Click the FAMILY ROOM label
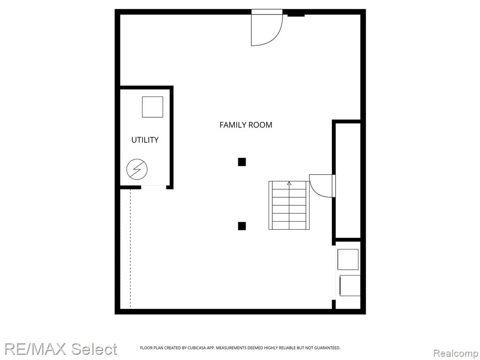coord(246,125)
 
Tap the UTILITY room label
coord(145,140)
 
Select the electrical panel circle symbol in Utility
coord(137,169)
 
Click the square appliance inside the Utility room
coord(152,107)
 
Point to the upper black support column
coord(242,162)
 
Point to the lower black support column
coord(242,226)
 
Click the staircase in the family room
coord(289,205)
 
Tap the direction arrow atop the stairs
coord(289,183)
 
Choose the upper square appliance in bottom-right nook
coord(348,260)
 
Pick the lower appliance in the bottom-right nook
coord(350,285)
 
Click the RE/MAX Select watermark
coord(60,349)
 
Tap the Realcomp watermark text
coord(456,353)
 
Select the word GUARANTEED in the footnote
coord(328,348)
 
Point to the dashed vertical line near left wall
coord(130,248)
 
